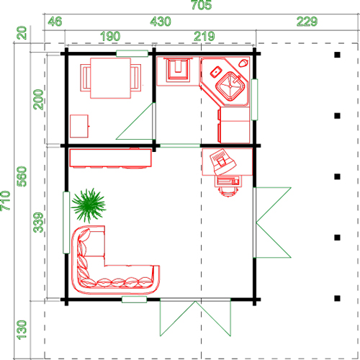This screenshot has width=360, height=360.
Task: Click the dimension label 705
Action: point(202,5)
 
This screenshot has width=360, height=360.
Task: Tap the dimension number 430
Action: point(161,22)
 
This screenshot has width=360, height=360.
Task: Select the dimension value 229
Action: point(307,22)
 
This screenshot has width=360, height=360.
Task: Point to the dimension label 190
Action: point(110,36)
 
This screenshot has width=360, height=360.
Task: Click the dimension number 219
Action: point(204,36)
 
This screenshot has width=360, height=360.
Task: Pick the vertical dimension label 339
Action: point(38,222)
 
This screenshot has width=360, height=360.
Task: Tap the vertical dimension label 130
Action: point(22,330)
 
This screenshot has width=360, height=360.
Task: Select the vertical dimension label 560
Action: point(22,176)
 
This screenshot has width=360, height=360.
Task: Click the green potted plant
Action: point(89,205)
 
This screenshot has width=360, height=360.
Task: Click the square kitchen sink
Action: point(230,86)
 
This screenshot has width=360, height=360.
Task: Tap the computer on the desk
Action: point(222,161)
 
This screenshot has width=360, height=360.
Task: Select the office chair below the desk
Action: point(228,186)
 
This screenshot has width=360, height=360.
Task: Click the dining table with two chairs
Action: point(111,78)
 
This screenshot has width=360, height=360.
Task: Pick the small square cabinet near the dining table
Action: point(79,126)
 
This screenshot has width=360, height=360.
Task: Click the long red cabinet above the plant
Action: point(111,158)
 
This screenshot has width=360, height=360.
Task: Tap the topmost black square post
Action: point(337,55)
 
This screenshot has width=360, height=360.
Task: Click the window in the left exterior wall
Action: point(66,222)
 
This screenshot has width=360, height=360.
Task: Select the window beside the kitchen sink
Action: point(254,99)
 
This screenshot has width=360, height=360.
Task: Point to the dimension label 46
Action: point(55,22)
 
